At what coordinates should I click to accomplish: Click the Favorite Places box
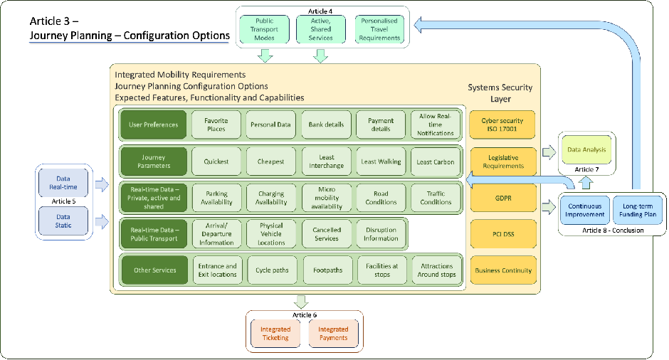pyautogui.click(x=216, y=125)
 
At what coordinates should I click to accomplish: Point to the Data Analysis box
pyautogui.click(x=586, y=150)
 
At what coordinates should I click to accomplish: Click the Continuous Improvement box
pyautogui.click(x=586, y=210)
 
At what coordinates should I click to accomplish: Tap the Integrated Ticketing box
pyautogui.click(x=275, y=333)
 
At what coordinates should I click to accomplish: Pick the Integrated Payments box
pyautogui.click(x=333, y=333)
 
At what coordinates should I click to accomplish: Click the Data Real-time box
pyautogui.click(x=63, y=182)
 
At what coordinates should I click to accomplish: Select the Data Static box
pyautogui.click(x=63, y=221)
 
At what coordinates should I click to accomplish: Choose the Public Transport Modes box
pyautogui.click(x=265, y=29)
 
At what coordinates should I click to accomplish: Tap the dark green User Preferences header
pyautogui.click(x=153, y=125)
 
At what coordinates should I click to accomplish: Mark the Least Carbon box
pyautogui.click(x=436, y=162)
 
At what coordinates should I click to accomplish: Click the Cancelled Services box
pyautogui.click(x=327, y=234)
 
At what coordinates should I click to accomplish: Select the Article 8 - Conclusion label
pyautogui.click(x=603, y=231)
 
